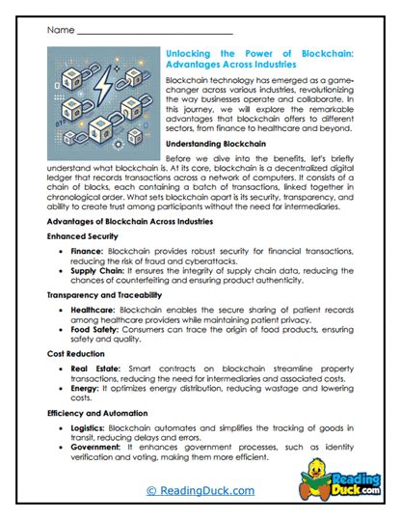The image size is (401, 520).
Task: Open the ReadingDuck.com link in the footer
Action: [200, 491]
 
